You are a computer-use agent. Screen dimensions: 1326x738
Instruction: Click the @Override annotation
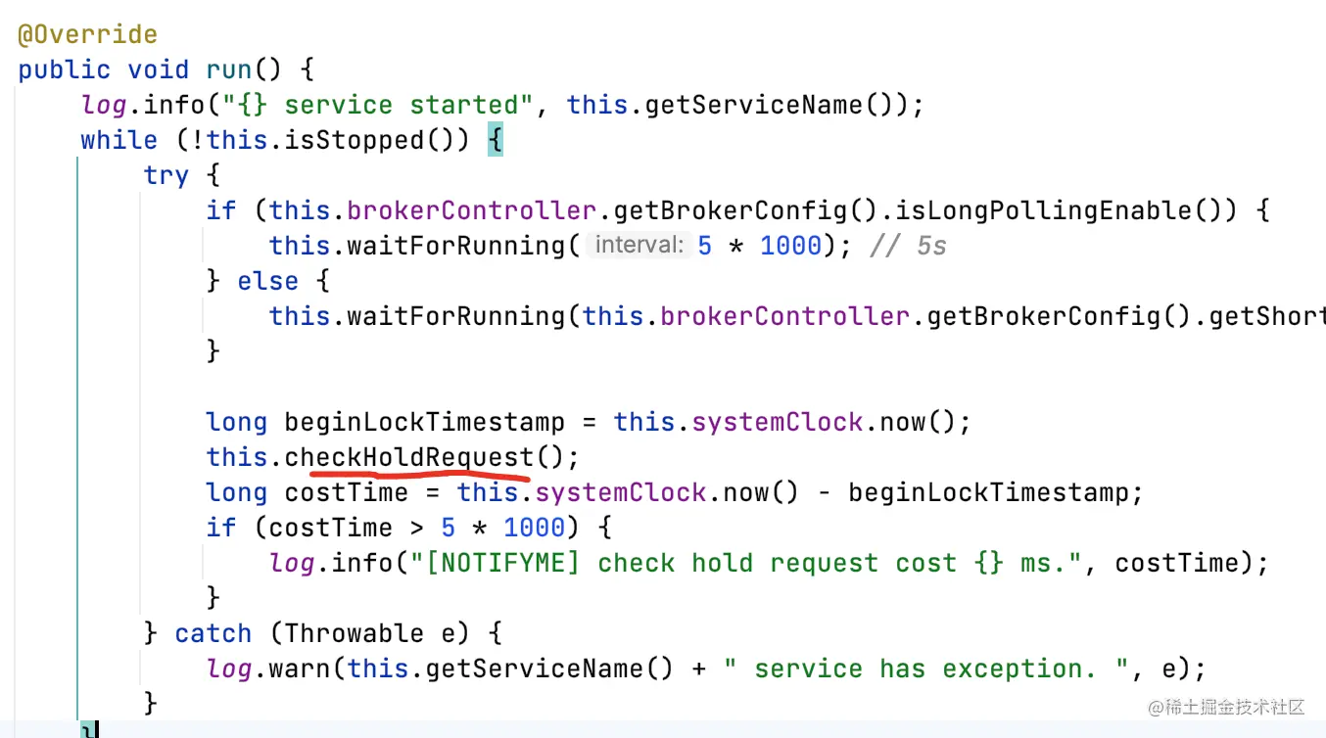(x=87, y=35)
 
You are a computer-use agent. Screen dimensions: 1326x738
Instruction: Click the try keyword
(x=166, y=176)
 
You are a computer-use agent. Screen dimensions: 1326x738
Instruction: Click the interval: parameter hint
(x=639, y=246)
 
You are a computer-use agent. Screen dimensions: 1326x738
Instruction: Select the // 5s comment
(x=908, y=247)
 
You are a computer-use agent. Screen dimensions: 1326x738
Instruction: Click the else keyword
(x=268, y=282)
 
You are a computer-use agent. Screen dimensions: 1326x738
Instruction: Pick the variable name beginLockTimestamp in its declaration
(x=424, y=423)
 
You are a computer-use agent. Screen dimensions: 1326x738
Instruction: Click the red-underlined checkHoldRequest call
(x=409, y=458)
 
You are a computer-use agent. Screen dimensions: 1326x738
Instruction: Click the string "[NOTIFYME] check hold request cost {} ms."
(x=838, y=564)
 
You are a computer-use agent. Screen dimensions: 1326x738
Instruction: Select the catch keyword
(x=213, y=634)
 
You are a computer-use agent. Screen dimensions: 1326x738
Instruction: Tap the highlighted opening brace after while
(x=495, y=141)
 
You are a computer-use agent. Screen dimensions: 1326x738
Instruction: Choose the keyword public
(x=64, y=70)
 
